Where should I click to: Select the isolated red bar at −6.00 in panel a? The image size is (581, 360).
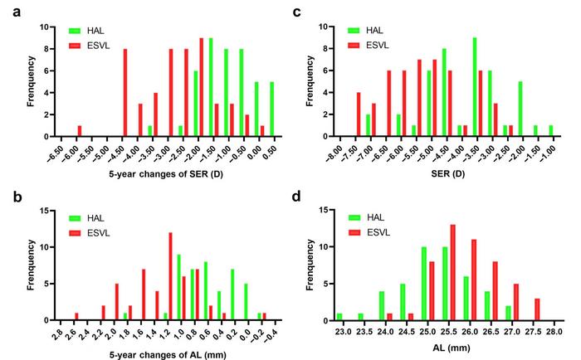[x=80, y=131]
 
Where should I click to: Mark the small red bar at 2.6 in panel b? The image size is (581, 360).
[x=76, y=316]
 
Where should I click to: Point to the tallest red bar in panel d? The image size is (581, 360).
[x=453, y=272]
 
